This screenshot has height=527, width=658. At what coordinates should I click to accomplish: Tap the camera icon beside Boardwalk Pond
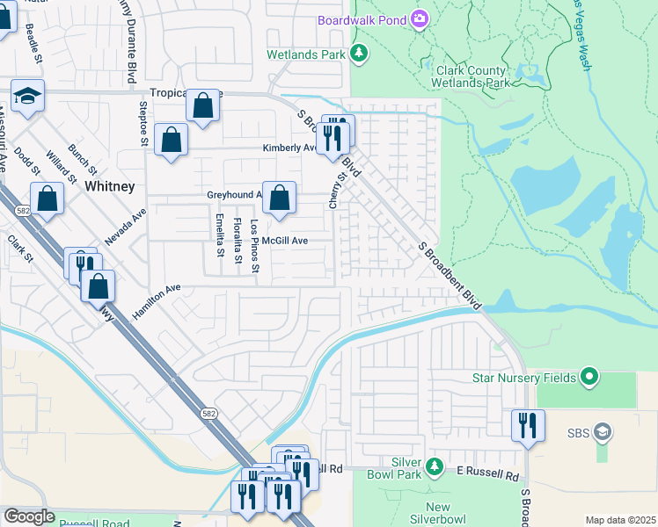pos(420,18)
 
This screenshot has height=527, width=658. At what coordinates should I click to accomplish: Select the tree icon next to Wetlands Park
pos(359,54)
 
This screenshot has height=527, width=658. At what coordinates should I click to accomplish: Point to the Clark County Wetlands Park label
pos(470,76)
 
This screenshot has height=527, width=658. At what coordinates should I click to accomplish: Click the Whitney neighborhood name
pos(109,186)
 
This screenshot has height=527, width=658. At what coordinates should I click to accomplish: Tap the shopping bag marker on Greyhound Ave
pos(279,200)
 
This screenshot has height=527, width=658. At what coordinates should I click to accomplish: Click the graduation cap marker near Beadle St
pos(27,97)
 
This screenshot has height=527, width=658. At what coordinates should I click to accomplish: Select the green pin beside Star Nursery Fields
pos(589,378)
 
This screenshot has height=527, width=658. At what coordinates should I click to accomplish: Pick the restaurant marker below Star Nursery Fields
pos(528,426)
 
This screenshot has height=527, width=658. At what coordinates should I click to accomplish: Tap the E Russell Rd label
pos(487,475)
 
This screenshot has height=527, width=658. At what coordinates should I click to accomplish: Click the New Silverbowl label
pos(437,514)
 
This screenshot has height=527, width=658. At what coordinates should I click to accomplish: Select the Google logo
pos(29,516)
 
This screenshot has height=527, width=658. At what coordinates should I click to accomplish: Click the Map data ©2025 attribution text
pos(620,520)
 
